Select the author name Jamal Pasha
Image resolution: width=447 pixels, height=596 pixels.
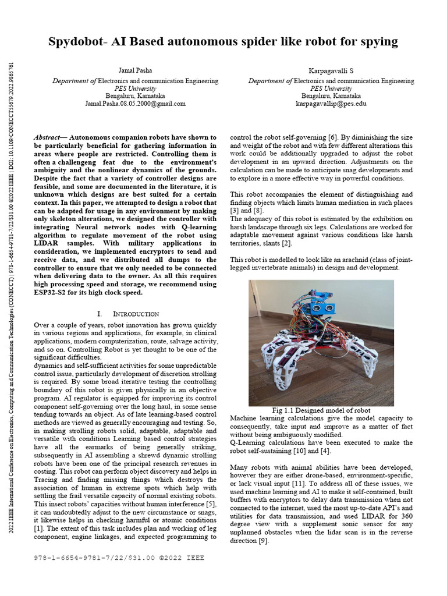click(135, 70)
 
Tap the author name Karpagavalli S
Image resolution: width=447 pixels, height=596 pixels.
click(331, 70)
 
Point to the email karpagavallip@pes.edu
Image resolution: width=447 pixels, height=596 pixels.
click(331, 104)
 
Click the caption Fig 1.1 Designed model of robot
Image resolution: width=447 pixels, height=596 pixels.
click(321, 410)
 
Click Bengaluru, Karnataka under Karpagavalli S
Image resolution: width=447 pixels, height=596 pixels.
click(331, 95)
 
